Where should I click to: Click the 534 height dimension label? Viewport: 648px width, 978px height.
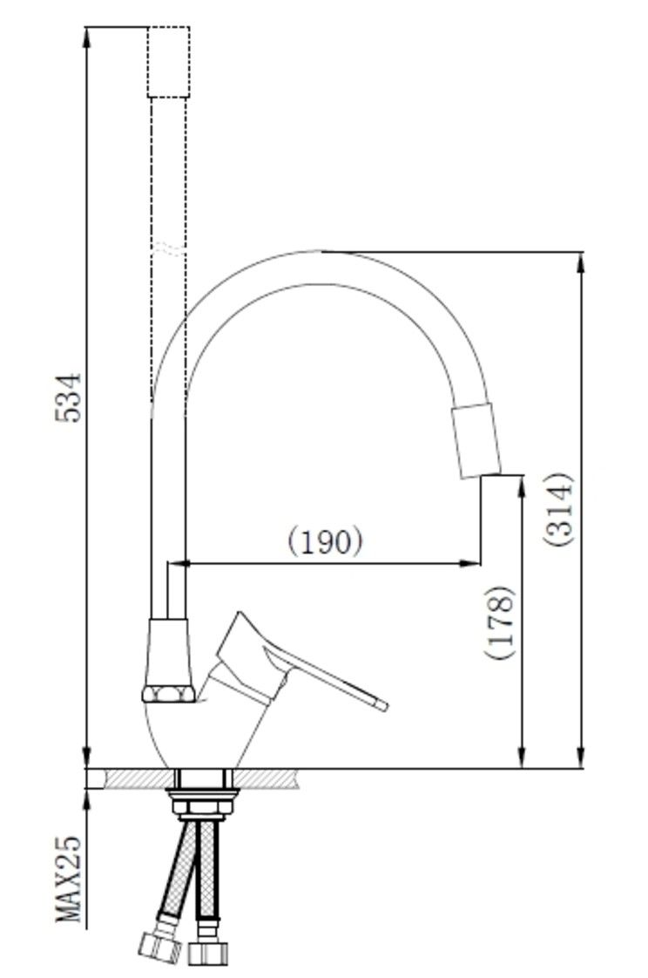click(68, 397)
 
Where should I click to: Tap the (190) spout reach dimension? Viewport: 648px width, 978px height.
click(325, 540)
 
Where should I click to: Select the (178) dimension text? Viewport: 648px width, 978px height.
click(500, 621)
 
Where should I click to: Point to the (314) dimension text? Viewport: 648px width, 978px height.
click(557, 510)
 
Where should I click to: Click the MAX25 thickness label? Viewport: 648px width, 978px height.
click(69, 879)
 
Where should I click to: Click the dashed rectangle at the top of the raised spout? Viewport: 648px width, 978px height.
click(168, 62)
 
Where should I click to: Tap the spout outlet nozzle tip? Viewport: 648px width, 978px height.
click(476, 440)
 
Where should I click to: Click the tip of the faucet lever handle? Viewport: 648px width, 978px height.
click(382, 705)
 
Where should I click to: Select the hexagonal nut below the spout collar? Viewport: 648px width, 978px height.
click(168, 694)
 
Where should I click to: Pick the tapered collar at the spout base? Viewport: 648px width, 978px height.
click(168, 652)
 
